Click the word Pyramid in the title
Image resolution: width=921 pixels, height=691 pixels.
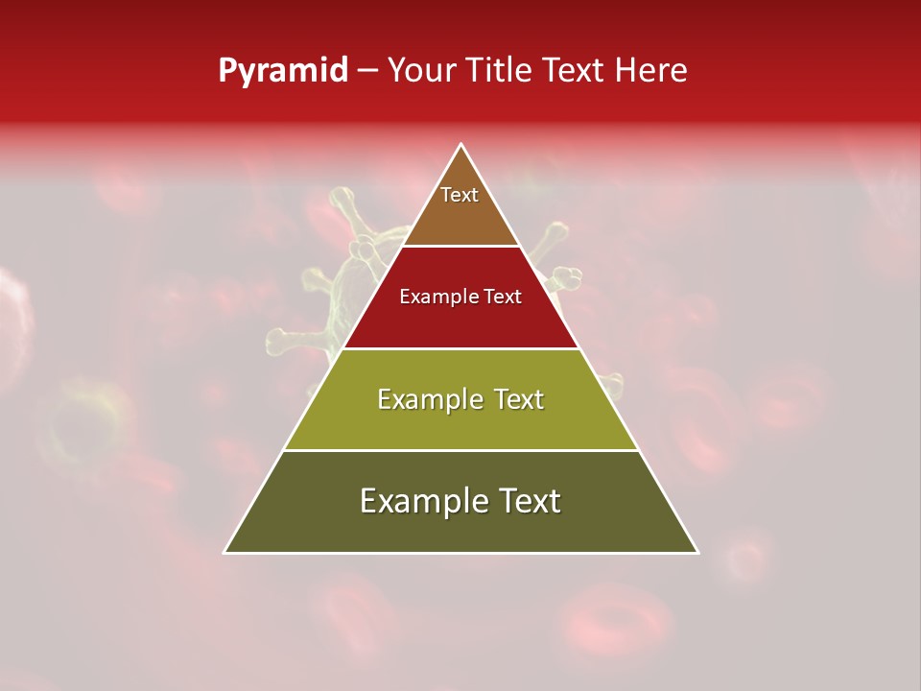coord(283,71)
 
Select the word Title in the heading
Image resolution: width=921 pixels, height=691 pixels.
coord(501,71)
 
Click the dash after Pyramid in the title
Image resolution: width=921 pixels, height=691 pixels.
coord(367,72)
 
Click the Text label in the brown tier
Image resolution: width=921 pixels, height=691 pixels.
coord(460,195)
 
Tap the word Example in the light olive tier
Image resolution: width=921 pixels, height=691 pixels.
coord(420,399)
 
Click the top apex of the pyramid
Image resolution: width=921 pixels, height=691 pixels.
coord(461,145)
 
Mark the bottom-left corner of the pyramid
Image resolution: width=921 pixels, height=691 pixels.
coord(224,553)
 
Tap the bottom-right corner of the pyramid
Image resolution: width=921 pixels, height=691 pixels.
coord(697,553)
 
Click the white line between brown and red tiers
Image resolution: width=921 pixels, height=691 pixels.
coord(461,247)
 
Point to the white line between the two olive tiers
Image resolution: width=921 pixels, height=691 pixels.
coord(461,451)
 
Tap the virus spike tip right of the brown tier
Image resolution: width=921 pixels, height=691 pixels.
coord(557,230)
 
